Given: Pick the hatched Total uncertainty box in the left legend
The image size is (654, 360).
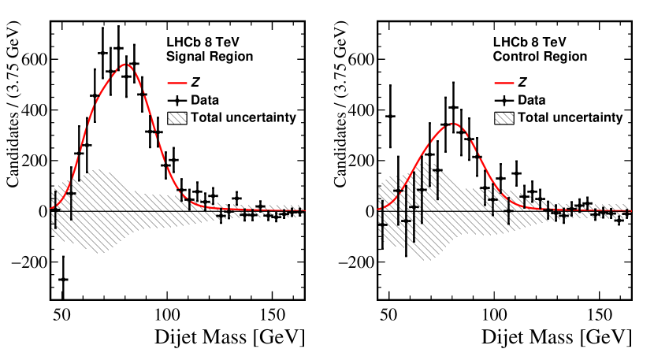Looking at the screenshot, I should click(x=178, y=118).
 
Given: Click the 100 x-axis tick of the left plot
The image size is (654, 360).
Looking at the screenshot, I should click(x=167, y=314).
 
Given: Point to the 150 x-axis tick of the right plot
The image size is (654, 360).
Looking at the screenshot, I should click(x=600, y=314).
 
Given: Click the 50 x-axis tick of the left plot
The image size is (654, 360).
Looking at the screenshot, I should click(x=61, y=314).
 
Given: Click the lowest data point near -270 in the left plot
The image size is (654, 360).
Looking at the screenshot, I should click(x=63, y=279).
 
